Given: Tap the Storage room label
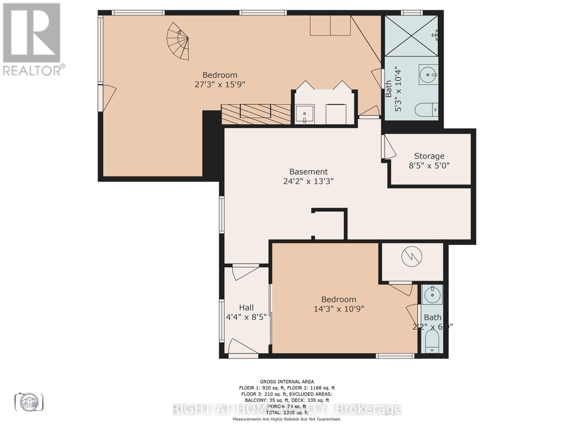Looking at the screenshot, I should click(x=429, y=156).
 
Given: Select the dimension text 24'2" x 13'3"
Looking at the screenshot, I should click(x=308, y=181).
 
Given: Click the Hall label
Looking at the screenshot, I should click(x=246, y=307).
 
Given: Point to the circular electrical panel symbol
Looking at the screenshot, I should click(x=412, y=257).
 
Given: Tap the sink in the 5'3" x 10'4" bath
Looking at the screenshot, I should click(x=428, y=75).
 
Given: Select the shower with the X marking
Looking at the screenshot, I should click(x=411, y=36).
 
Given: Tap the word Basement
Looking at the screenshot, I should click(x=309, y=172).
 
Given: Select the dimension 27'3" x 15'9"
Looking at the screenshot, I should click(x=220, y=84).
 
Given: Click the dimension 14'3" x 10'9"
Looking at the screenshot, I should click(x=339, y=309).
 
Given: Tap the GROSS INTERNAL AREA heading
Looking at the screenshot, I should click(x=287, y=382).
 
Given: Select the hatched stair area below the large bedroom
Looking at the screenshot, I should click(x=256, y=114).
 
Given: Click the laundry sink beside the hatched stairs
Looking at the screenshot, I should click(x=305, y=114).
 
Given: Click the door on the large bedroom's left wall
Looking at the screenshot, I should click(x=108, y=98).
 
